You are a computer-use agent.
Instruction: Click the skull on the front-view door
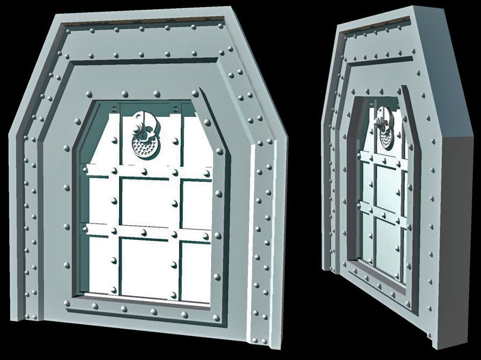click(x=142, y=123)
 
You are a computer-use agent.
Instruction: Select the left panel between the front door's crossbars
click(x=100, y=200)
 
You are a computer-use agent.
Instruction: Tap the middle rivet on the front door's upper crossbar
click(x=144, y=171)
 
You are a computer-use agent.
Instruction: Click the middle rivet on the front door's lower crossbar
click(x=144, y=232)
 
